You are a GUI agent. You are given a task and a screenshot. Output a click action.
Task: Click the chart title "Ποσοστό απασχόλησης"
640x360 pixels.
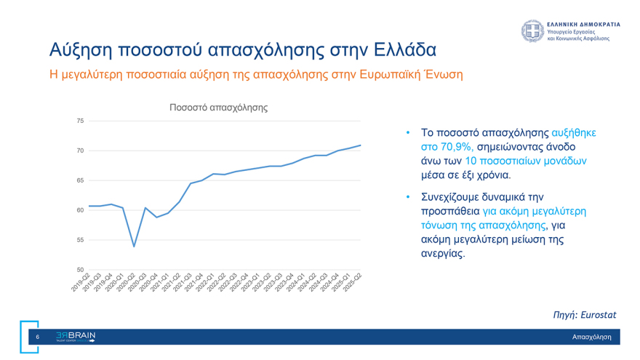(218, 108)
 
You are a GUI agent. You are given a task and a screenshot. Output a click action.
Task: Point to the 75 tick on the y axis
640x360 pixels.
(80, 121)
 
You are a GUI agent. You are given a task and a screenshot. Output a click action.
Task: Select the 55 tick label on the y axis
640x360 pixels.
(80, 240)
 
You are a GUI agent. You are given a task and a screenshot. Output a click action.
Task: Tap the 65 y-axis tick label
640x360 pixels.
(80, 180)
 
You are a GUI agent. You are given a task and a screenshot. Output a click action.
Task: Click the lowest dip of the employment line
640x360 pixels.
(134, 247)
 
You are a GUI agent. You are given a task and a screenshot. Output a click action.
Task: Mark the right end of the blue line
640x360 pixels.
(360, 145)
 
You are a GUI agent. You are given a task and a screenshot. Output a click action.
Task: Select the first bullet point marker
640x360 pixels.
(408, 133)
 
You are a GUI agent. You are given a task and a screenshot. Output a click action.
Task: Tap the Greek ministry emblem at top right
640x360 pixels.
(532, 31)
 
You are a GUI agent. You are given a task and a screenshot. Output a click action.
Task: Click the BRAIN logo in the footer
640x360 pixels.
(76, 337)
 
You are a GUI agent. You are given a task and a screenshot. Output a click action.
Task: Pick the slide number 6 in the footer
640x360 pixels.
(38, 337)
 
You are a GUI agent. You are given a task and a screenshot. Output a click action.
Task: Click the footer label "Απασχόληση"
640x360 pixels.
(591, 337)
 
